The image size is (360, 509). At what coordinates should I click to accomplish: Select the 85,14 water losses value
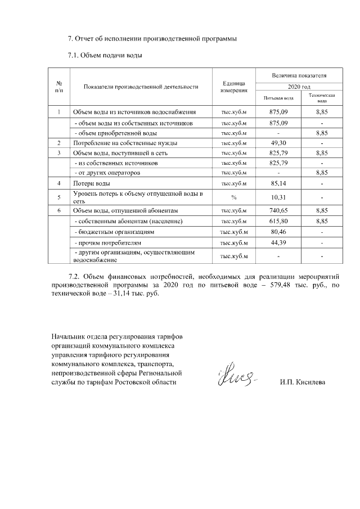(x=278, y=183)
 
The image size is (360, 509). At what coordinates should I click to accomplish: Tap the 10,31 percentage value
(x=278, y=197)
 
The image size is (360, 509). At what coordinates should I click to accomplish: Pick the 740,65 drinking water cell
(x=278, y=210)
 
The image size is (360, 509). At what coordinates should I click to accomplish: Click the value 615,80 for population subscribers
(x=278, y=221)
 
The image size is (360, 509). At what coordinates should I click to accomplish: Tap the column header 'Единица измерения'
(x=233, y=87)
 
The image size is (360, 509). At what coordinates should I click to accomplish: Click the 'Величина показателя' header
(x=299, y=75)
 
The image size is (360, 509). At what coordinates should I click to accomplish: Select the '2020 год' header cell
(x=299, y=87)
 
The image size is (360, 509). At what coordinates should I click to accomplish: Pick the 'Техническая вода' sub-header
(x=321, y=98)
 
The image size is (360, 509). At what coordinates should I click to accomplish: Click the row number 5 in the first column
(x=59, y=197)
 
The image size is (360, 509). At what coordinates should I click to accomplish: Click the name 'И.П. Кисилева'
(x=302, y=382)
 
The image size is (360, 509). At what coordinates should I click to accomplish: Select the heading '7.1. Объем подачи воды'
(x=104, y=55)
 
